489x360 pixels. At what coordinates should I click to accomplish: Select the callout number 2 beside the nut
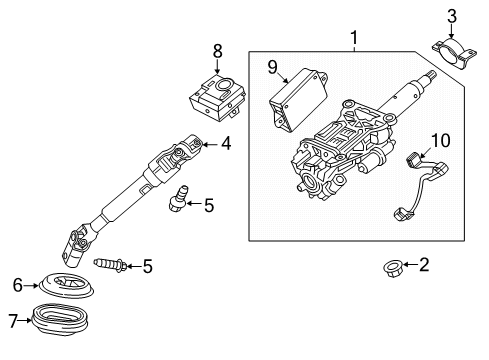[x=423, y=265]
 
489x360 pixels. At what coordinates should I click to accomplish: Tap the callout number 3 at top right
[x=451, y=15]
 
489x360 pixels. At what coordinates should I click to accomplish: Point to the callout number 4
[x=226, y=144]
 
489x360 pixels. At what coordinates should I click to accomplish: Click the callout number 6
[x=16, y=285]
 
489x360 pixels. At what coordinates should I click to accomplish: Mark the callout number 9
[x=271, y=68]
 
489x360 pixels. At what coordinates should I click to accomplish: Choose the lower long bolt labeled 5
[x=111, y=266]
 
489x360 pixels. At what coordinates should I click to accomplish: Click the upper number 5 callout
[x=208, y=207]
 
